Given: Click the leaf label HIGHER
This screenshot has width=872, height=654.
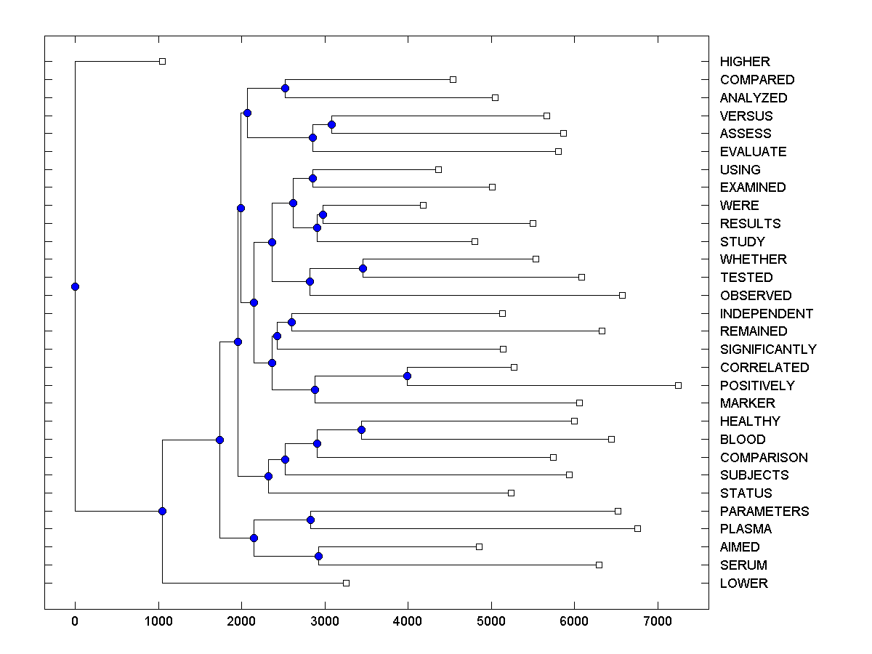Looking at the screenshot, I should pos(745,62).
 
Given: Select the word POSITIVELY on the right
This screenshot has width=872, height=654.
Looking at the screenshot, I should pos(757,385).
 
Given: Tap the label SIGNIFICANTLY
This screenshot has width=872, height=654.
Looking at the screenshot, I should pos(768,350).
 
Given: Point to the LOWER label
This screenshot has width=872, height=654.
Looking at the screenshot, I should pos(743,584).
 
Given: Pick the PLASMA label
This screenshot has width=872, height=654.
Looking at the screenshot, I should pos(746,529).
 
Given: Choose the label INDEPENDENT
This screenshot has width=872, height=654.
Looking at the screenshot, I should pos(767,314).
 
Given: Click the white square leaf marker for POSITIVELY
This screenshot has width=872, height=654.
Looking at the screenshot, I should pos(678,385).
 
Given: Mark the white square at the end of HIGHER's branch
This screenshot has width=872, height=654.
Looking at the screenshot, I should pos(162,61).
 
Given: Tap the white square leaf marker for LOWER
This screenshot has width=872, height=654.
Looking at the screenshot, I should pos(346,583).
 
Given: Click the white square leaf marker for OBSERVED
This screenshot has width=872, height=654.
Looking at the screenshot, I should pos(622,295).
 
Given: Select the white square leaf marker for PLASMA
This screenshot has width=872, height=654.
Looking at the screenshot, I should pos(637,528).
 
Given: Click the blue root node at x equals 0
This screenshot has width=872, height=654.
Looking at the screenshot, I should pos(75,286).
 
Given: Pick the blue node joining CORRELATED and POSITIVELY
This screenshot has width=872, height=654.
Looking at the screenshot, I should pos(407,376).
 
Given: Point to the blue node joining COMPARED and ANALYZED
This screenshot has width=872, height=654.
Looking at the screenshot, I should pos(285,88).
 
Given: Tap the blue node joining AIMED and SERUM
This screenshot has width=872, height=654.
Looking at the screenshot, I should pos(318,556).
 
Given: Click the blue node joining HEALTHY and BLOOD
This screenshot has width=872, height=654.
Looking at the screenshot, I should pos(361,430).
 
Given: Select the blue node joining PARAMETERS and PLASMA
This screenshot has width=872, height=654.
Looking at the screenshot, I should pos(310,520).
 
